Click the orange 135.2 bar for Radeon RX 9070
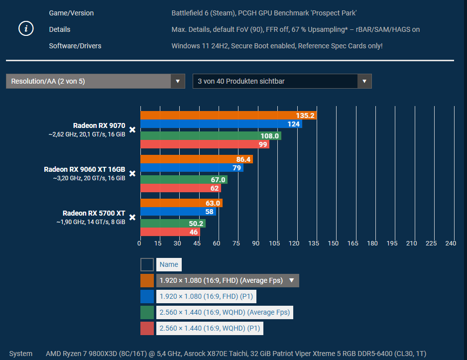coord(228,116)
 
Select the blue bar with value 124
coord(221,124)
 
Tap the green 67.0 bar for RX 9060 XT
coord(184,180)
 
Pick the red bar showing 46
coord(170,232)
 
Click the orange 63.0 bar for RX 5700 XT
coord(181,203)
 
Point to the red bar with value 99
coord(205,144)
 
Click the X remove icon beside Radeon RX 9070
coord(132,130)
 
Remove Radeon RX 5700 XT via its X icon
coord(132,217)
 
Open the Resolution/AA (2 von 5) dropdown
coord(95,81)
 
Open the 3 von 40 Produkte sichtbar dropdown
coord(282,81)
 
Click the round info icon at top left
coord(26,29)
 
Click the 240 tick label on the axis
coord(451,243)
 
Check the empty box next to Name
coord(147,265)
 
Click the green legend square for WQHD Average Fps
coord(147,312)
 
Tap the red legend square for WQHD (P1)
coord(147,328)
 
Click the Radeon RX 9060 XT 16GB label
coord(85,169)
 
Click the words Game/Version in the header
coord(71,13)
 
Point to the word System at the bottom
coord(20,354)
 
